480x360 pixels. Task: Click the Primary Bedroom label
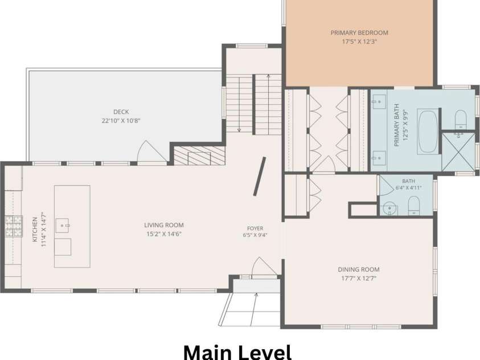pyautogui.click(x=359, y=33)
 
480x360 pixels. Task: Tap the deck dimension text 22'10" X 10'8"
pyautogui.click(x=121, y=121)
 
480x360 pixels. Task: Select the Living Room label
pyautogui.click(x=164, y=226)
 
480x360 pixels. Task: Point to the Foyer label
pyautogui.click(x=255, y=228)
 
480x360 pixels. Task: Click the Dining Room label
pyautogui.click(x=359, y=269)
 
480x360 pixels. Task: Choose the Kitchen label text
pyautogui.click(x=35, y=230)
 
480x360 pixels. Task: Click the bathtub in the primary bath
pyautogui.click(x=428, y=132)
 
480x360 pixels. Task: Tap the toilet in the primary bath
pyautogui.click(x=461, y=120)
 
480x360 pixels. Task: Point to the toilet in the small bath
pyautogui.click(x=414, y=206)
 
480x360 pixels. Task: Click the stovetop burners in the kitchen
pyautogui.click(x=14, y=227)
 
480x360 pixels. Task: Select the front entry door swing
pyautogui.click(x=264, y=267)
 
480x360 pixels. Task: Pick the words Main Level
pyautogui.click(x=237, y=352)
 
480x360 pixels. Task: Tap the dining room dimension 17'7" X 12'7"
pyautogui.click(x=359, y=279)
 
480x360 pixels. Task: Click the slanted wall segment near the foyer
pyautogui.click(x=259, y=177)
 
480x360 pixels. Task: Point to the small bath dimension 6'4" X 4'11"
pyautogui.click(x=408, y=187)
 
